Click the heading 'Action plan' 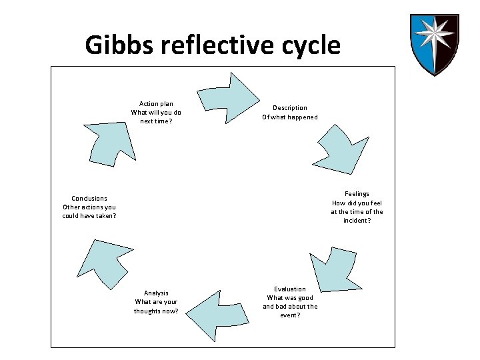(x=157, y=104)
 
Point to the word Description (x=290, y=108)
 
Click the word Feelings (x=357, y=194)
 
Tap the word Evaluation (x=290, y=289)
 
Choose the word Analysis (x=156, y=293)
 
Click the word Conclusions (x=89, y=198)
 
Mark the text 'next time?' (x=157, y=121)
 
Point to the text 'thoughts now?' (x=156, y=311)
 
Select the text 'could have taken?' (x=89, y=216)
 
